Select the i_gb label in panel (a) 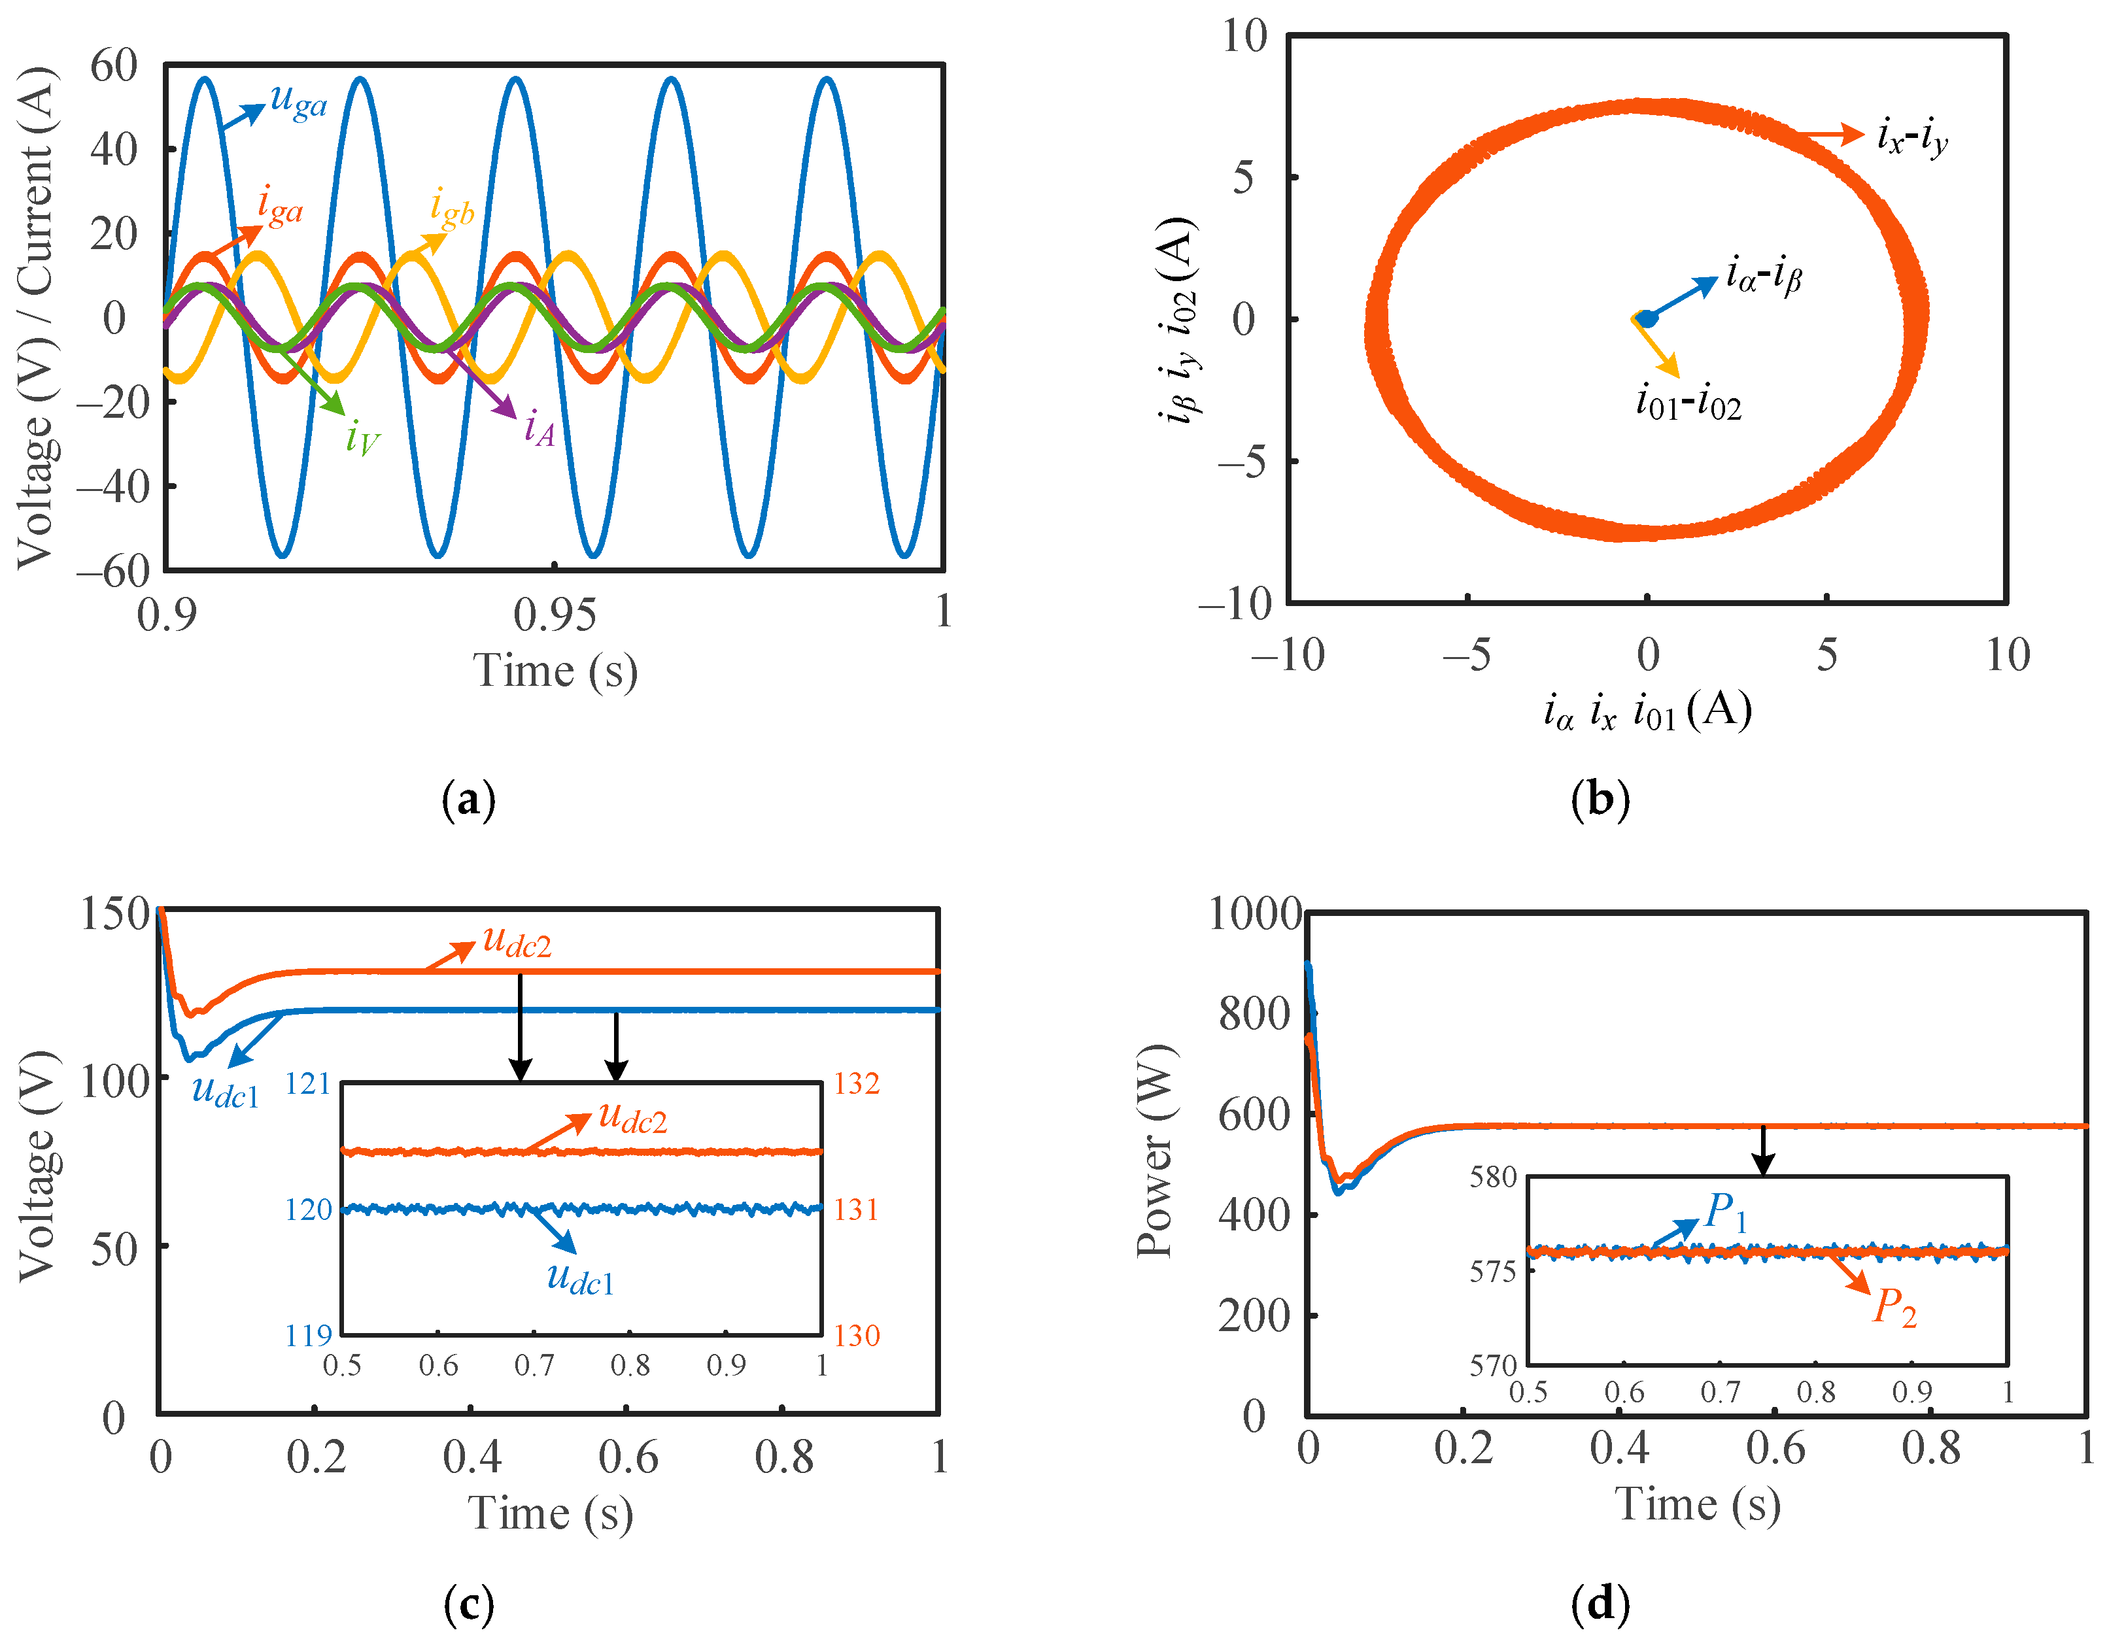(x=451, y=209)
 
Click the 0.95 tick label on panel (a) (x=554, y=615)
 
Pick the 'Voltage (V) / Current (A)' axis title (x=37, y=318)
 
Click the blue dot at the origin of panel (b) (x=1649, y=318)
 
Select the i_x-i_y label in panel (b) (x=1912, y=137)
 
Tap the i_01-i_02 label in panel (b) (x=1688, y=401)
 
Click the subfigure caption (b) (x=1600, y=800)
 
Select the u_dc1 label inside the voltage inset (x=580, y=1278)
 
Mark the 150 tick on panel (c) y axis (x=115, y=913)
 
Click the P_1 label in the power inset (x=1726, y=1211)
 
